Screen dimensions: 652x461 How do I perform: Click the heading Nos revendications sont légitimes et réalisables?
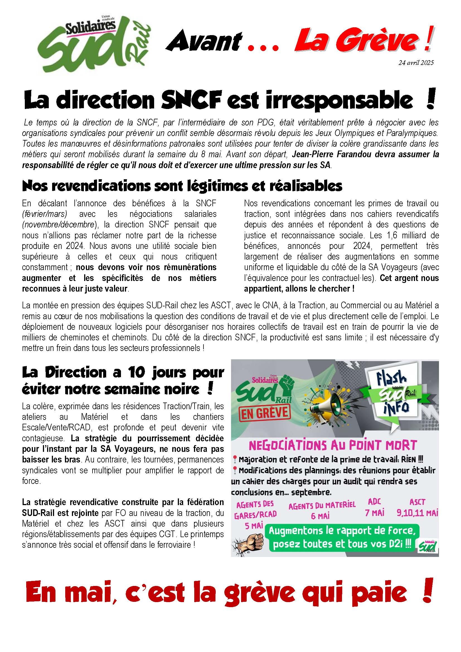point(182,186)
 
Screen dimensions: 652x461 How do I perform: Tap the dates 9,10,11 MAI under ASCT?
point(417,513)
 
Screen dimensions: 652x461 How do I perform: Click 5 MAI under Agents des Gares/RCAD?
point(253,526)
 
